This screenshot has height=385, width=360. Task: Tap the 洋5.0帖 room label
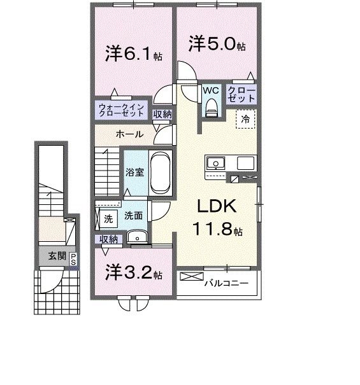(x=216, y=44)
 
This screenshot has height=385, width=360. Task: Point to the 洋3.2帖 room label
(x=133, y=274)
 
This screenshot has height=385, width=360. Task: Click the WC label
(x=210, y=90)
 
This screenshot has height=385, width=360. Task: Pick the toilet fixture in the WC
(x=211, y=108)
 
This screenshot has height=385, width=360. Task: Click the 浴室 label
(x=134, y=172)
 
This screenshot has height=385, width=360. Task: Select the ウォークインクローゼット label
(x=122, y=109)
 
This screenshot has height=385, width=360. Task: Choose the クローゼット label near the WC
(x=242, y=95)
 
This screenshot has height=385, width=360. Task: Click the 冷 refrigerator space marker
(x=245, y=118)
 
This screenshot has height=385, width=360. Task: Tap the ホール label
(x=129, y=134)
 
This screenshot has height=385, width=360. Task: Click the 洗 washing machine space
(x=108, y=218)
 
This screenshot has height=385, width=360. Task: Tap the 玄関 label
(x=56, y=256)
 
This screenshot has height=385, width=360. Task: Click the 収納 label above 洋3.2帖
(x=108, y=239)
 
